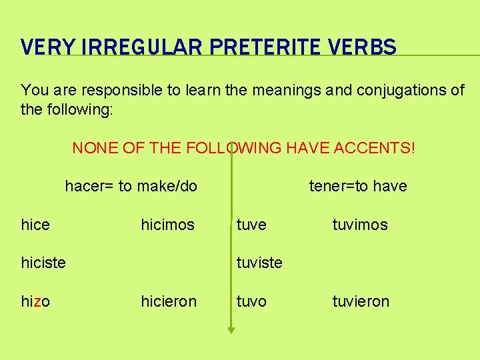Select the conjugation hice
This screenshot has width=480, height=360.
[x=35, y=225]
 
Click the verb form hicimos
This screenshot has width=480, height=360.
[x=167, y=225]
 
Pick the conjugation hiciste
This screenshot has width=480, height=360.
[x=43, y=263]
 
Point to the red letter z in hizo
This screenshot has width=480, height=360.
[x=37, y=302]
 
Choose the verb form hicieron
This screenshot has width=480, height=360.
[x=169, y=302]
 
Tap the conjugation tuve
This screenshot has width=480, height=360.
[x=251, y=225]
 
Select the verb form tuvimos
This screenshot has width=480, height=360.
[x=360, y=225]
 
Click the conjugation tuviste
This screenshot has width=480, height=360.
[x=259, y=263]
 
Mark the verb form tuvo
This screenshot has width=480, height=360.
[x=251, y=302]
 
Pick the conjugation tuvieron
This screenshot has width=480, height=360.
[x=361, y=302]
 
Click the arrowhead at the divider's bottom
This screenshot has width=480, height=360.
[x=231, y=327]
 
